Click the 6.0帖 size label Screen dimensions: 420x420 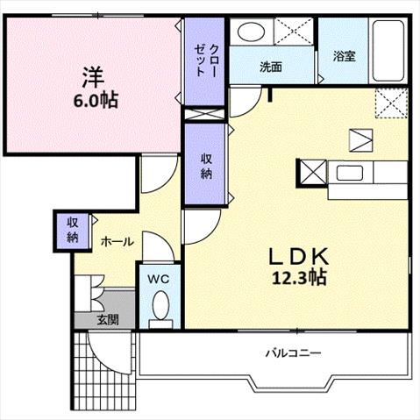(96, 101)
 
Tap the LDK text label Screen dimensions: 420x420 (298, 256)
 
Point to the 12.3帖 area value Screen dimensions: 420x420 (299, 277)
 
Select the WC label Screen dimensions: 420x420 (158, 279)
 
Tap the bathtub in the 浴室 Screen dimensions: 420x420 (388, 52)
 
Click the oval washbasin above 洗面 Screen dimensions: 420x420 (251, 32)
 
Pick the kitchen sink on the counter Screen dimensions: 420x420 (350, 173)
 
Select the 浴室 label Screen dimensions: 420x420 (345, 56)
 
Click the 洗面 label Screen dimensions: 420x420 (271, 67)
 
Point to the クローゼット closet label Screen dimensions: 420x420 (206, 61)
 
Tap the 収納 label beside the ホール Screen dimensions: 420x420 (73, 230)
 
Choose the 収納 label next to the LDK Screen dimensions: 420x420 (206, 167)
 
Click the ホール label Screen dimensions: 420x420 (117, 242)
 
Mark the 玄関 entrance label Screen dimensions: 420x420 (108, 320)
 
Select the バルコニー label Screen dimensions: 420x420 (293, 353)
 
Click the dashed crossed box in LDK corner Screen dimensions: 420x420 (391, 103)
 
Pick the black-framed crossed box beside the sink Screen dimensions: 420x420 (312, 173)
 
